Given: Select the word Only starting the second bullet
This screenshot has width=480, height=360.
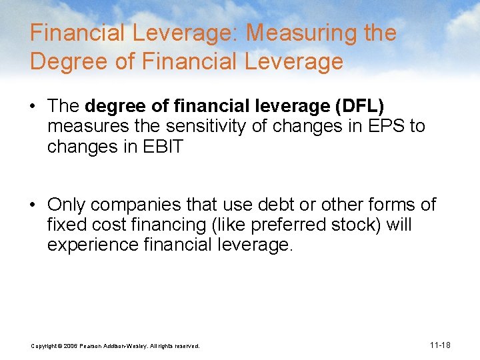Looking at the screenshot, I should pyautogui.click(x=67, y=205).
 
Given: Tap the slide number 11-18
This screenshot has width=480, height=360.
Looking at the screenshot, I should pyautogui.click(x=440, y=345).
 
